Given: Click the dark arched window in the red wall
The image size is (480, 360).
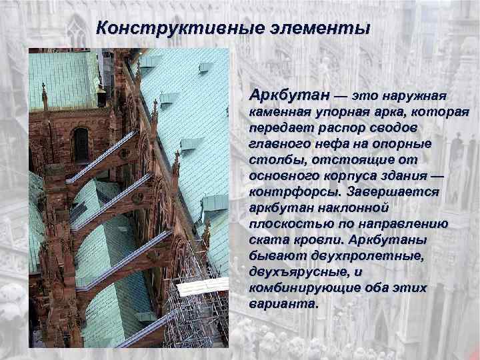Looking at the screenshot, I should click(81, 143).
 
